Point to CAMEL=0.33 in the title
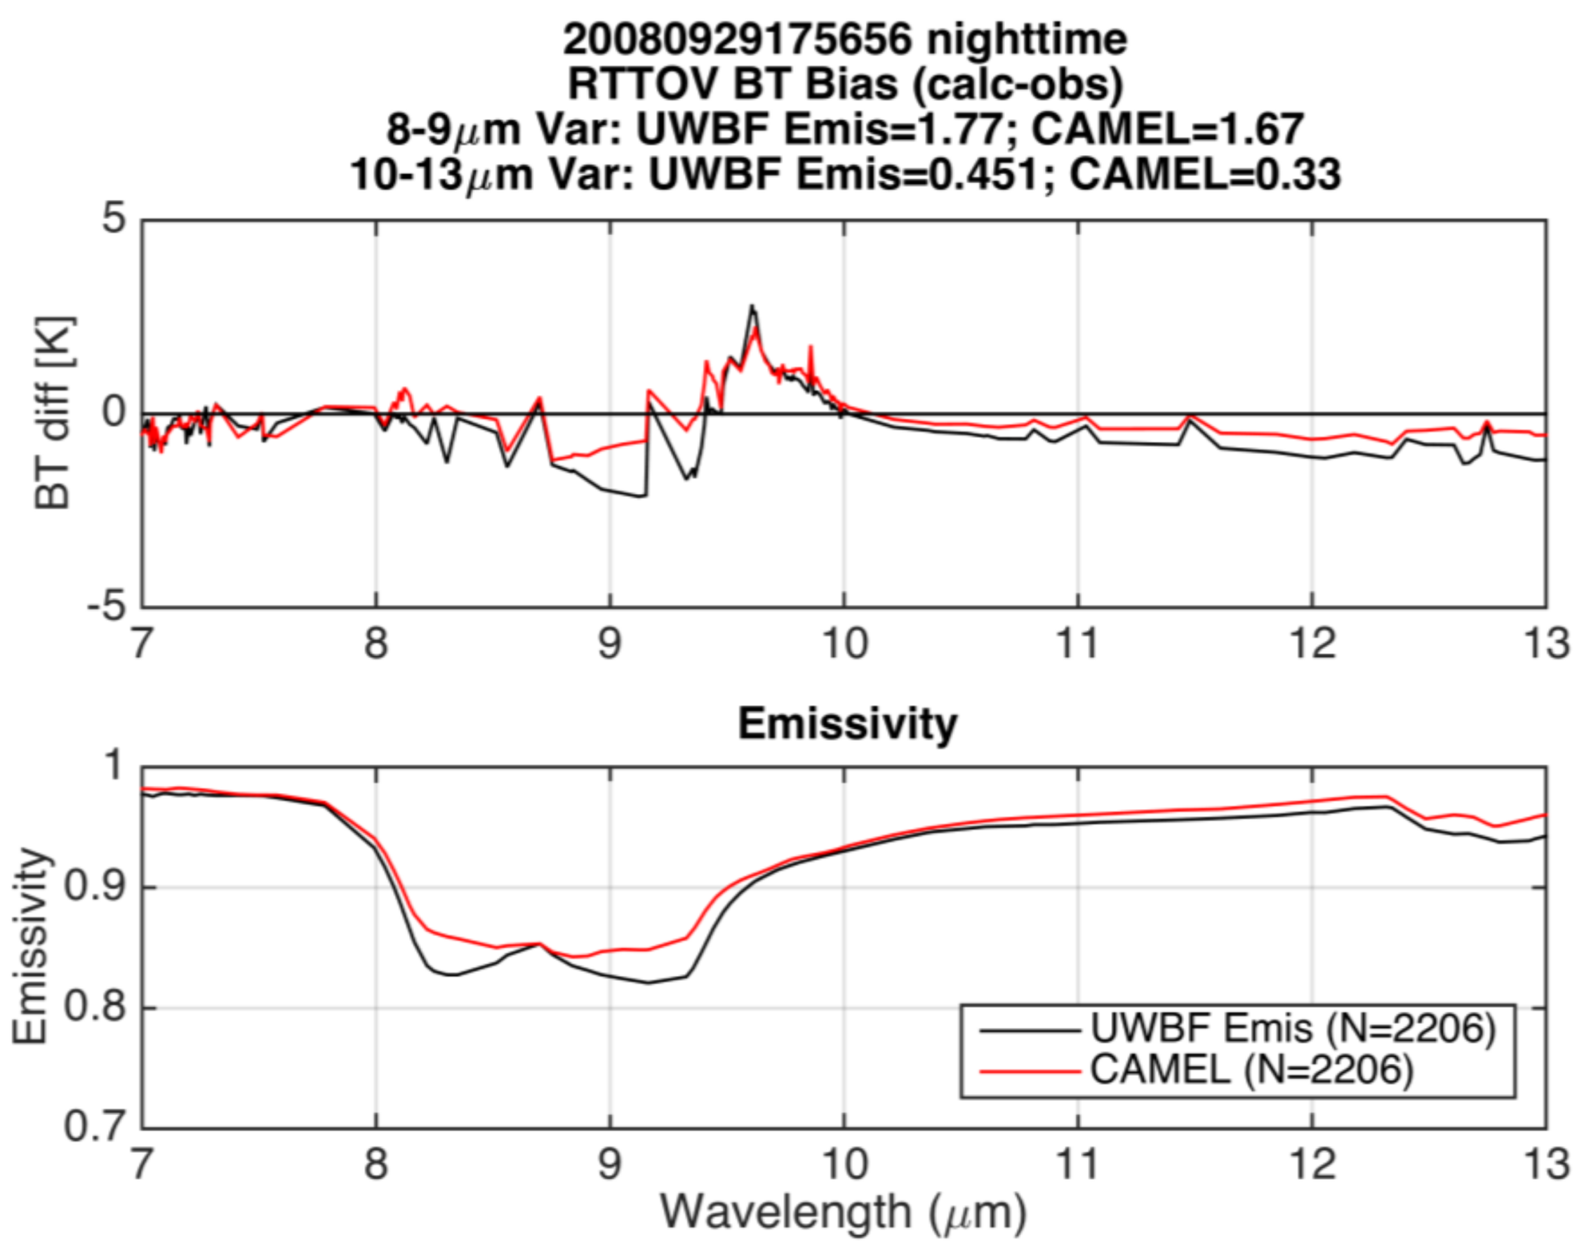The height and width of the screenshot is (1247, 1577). (x=1204, y=175)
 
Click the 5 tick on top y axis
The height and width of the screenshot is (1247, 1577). (x=114, y=218)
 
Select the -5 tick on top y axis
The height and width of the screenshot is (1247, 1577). (x=107, y=606)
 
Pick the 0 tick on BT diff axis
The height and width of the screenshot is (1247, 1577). (x=114, y=413)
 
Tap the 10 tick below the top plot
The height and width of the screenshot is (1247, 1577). (x=845, y=644)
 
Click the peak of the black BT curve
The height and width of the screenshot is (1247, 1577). (x=752, y=307)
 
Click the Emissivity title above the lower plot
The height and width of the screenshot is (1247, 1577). (x=847, y=723)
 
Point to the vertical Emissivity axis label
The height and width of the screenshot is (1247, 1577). (x=31, y=947)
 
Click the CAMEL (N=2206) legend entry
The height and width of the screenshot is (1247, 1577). (x=1251, y=1070)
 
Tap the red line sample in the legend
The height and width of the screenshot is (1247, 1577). (x=1030, y=1071)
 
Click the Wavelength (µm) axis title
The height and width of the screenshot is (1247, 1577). (x=844, y=1212)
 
